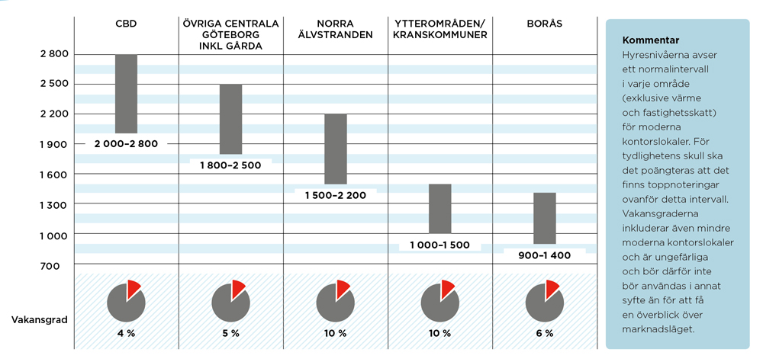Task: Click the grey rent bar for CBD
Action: coord(126,94)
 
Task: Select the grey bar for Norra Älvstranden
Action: coord(336,149)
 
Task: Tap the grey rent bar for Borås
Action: coord(544,218)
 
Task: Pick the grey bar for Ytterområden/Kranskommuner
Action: coord(439,208)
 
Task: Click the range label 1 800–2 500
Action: coord(230,165)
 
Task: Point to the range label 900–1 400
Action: coord(543,255)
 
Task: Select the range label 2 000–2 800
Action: coord(126,143)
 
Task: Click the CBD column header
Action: coord(126,24)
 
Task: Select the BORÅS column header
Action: coord(544,24)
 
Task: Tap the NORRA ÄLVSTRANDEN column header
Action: coord(336,29)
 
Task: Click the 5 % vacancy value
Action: coord(230,334)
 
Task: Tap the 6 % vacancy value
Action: coord(544,334)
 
